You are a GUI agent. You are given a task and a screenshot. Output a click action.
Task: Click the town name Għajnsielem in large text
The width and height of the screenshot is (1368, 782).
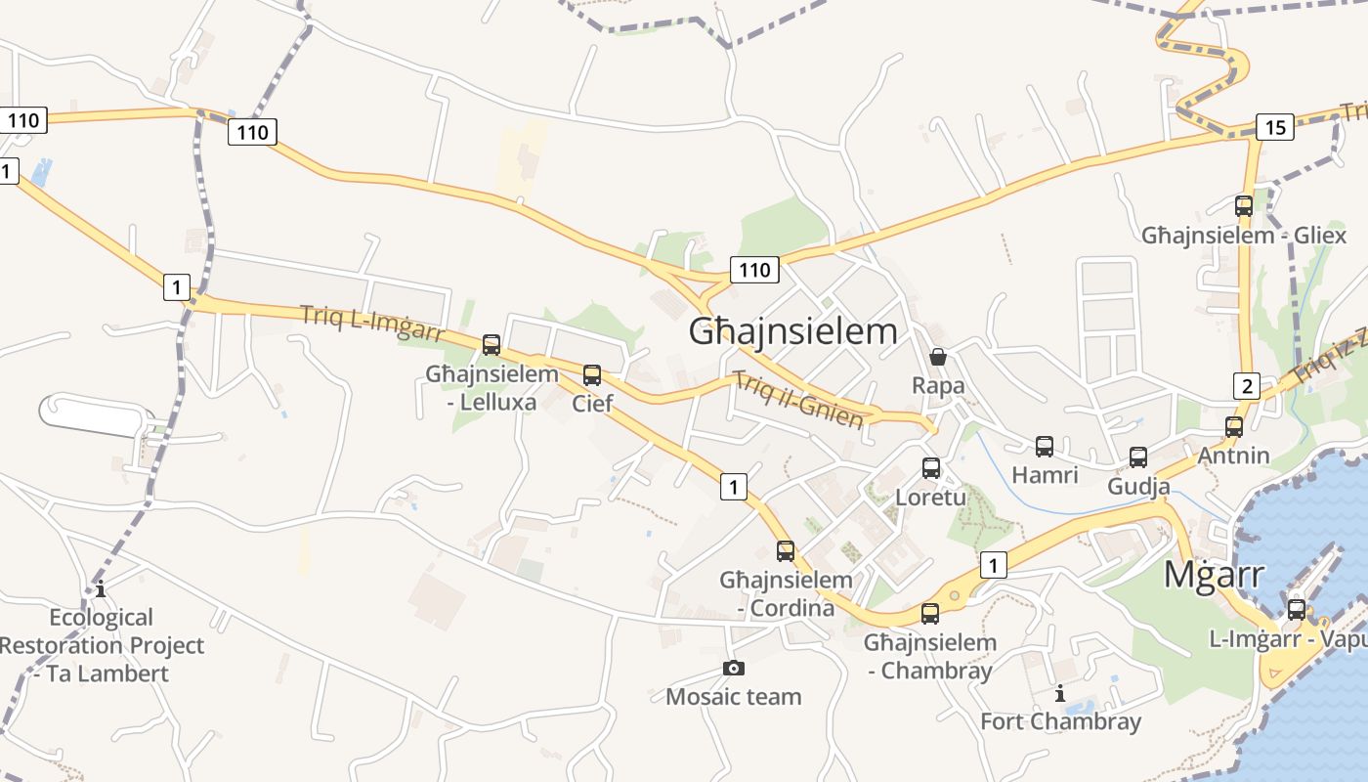792,331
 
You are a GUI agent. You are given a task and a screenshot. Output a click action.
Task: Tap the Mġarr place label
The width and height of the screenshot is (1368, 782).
1214,575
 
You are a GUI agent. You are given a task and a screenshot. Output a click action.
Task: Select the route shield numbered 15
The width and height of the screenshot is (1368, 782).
1275,126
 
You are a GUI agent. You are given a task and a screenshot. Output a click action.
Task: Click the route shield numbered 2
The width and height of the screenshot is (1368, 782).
1246,385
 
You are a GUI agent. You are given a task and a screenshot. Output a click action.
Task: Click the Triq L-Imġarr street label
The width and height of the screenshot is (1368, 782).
370,324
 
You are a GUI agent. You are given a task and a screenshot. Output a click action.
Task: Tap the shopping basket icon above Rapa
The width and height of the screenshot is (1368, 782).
938,357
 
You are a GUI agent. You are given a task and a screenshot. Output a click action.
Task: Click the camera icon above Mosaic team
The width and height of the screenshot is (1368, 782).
733,669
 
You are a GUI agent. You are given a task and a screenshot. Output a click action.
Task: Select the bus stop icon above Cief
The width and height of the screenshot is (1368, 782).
591,374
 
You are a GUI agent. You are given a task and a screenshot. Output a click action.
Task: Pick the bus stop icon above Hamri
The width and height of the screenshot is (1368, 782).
1045,447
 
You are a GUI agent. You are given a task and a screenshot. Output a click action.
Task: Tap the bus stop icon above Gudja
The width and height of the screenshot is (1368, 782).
1138,456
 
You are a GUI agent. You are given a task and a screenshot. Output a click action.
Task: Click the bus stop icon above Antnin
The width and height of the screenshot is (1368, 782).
1234,426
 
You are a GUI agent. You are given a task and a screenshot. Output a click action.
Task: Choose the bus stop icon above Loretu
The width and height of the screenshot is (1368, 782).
931,467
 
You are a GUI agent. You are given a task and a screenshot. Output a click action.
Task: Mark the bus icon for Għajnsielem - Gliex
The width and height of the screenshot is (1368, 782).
1244,206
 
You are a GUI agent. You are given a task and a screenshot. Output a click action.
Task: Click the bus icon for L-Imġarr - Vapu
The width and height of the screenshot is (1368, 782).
1297,609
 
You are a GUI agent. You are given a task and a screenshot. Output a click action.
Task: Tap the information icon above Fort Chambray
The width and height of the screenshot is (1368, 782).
1060,693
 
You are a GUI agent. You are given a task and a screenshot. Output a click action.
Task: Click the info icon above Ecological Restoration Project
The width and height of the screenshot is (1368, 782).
101,588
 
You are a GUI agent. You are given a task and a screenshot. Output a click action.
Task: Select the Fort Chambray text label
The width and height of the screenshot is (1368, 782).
1060,722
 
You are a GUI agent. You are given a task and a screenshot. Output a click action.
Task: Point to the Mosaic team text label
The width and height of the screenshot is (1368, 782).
733,697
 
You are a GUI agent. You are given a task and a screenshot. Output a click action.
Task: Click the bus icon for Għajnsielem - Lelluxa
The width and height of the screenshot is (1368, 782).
492,345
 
